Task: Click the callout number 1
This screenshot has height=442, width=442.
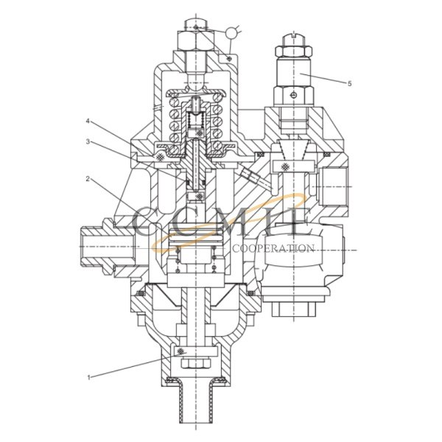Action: [x=89, y=378]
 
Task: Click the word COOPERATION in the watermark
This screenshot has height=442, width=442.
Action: [x=273, y=248]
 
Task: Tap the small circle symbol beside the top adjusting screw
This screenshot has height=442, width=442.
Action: [x=234, y=32]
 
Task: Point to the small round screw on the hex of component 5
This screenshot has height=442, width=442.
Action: [x=292, y=94]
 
